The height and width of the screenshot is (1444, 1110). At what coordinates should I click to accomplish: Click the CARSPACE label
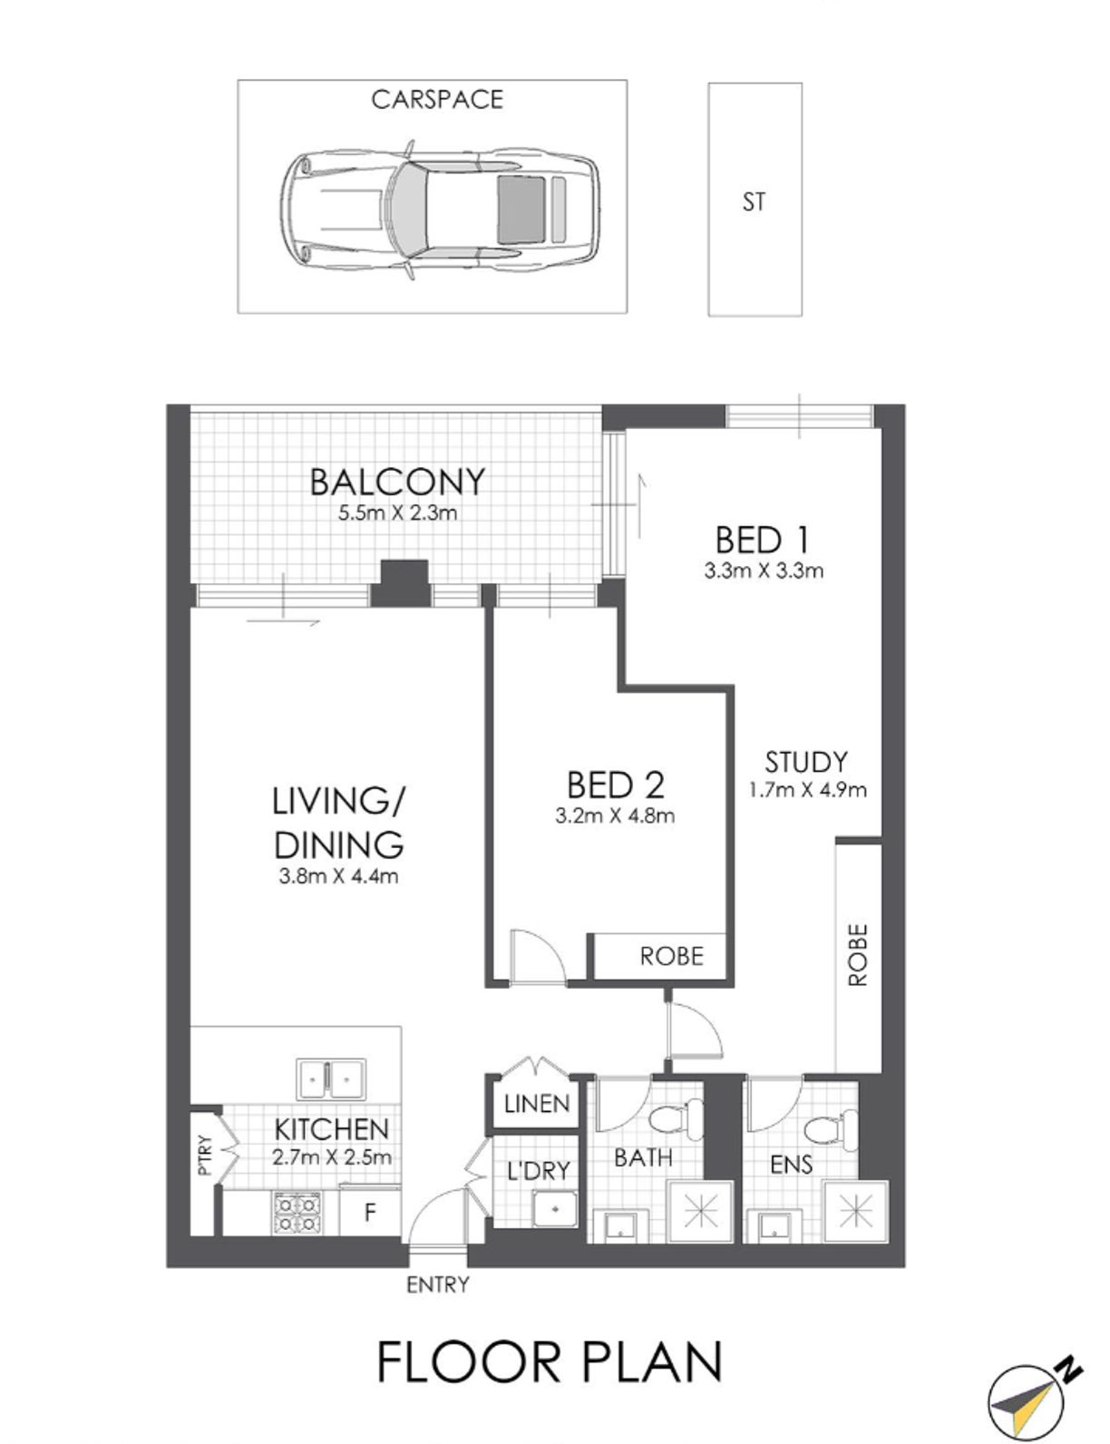pyautogui.click(x=436, y=100)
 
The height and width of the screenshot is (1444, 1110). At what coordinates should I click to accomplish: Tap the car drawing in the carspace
pyautogui.click(x=441, y=210)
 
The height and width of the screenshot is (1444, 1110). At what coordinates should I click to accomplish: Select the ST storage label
pyautogui.click(x=754, y=201)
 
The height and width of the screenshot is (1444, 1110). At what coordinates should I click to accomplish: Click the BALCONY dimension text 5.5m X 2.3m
pyautogui.click(x=397, y=513)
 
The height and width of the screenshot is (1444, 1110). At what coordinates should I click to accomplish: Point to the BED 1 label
pyautogui.click(x=762, y=540)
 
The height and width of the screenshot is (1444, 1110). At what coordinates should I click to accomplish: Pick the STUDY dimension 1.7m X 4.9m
pyautogui.click(x=807, y=790)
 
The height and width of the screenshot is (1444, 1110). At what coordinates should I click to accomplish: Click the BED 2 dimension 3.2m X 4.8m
pyautogui.click(x=615, y=816)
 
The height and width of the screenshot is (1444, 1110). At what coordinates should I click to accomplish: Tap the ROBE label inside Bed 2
pyautogui.click(x=671, y=956)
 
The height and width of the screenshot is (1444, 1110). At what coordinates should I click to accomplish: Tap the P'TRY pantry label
pyautogui.click(x=206, y=1155)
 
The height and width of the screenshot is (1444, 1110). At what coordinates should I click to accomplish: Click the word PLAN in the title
pyautogui.click(x=652, y=1362)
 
